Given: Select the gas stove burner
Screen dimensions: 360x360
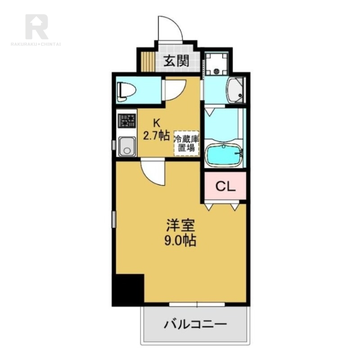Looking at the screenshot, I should (x=127, y=121).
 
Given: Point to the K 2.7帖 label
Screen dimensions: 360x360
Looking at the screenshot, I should (x=156, y=130).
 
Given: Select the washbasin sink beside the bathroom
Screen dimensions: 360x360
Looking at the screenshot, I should (x=234, y=90).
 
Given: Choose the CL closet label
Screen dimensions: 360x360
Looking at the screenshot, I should (x=225, y=186).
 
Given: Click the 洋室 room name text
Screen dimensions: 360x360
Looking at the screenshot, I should (x=179, y=225).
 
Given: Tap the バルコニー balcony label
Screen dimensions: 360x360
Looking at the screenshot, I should (x=195, y=324).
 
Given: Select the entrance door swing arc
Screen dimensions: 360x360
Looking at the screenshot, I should (x=170, y=28).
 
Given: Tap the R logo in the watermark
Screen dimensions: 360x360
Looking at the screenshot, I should (x=36, y=26).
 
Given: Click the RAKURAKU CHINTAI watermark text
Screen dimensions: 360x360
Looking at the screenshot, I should (x=36, y=44).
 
